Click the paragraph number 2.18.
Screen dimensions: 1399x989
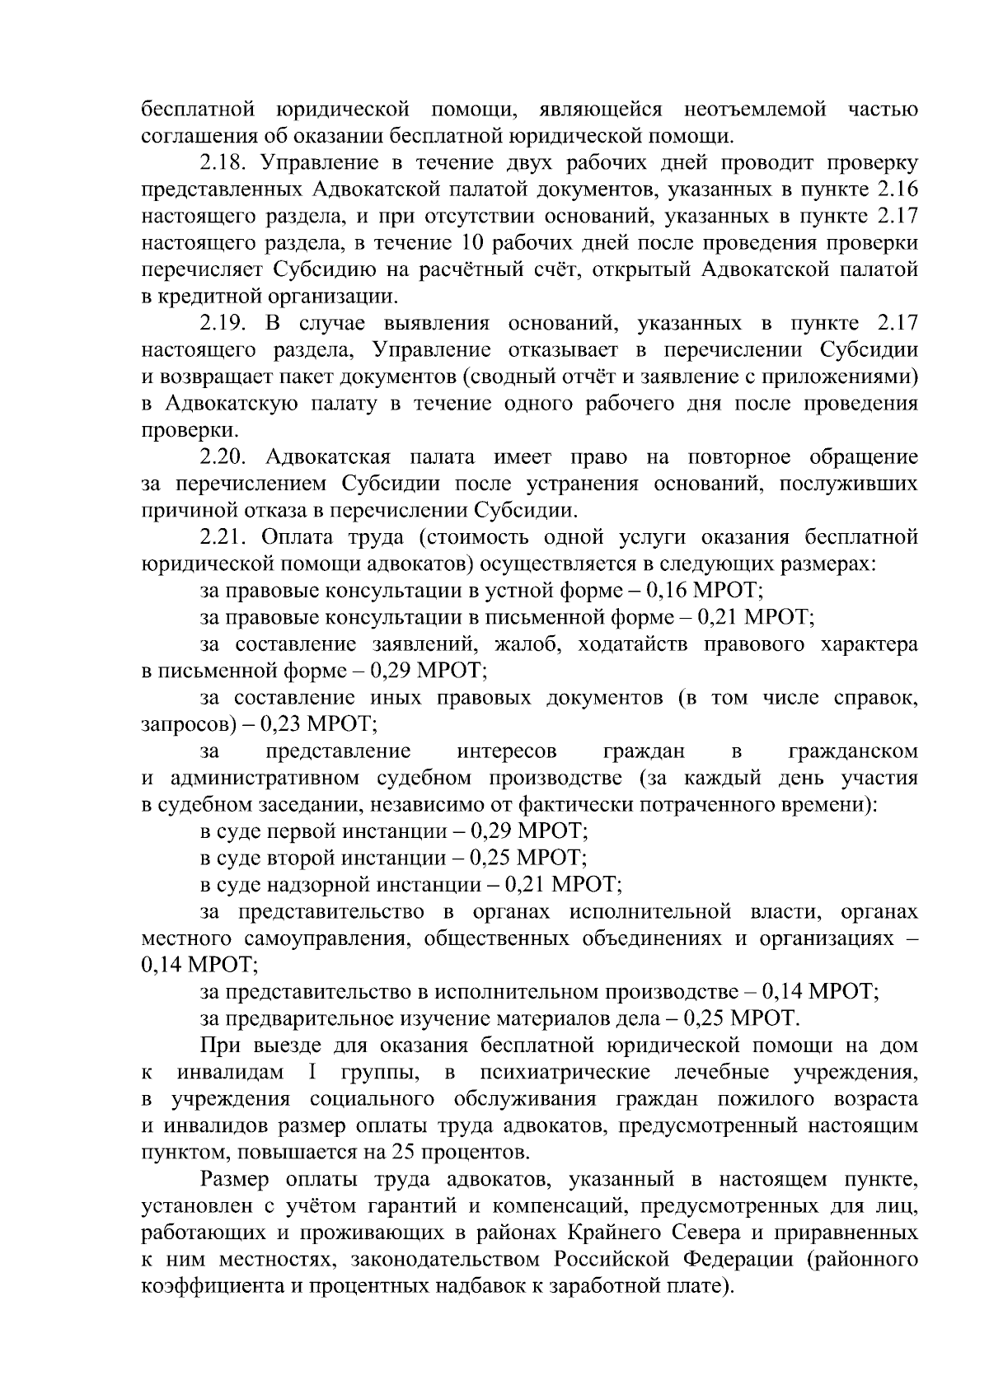click(x=227, y=163)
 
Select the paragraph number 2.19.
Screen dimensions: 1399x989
click(x=227, y=324)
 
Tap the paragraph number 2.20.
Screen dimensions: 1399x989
click(x=227, y=457)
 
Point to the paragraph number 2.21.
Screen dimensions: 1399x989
click(x=227, y=538)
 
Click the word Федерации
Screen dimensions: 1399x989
click(x=725, y=1260)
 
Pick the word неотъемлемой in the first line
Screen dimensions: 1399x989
click(x=755, y=110)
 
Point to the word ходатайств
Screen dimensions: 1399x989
click(x=633, y=645)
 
